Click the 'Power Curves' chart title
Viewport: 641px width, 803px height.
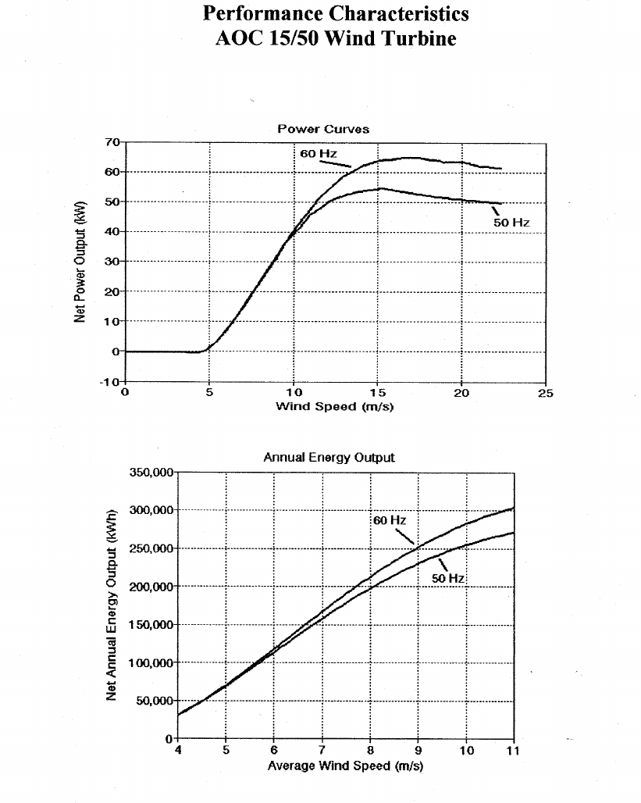coord(323,129)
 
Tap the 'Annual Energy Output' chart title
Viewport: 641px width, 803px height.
coord(329,458)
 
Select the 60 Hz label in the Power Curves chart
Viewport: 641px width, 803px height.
coord(318,154)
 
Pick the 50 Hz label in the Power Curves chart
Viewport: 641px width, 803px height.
coord(511,223)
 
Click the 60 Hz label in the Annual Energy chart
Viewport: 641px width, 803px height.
coord(389,520)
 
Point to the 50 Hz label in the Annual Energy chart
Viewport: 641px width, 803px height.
coord(448,578)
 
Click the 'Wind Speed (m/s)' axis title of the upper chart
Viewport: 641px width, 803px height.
coord(334,406)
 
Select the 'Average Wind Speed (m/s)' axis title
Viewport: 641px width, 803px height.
coord(345,766)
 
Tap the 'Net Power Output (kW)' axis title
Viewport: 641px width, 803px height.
coord(80,261)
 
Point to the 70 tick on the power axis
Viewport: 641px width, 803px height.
coord(111,142)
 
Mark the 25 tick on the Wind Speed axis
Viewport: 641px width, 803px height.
coord(545,394)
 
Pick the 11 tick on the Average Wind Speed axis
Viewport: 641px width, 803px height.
coord(513,751)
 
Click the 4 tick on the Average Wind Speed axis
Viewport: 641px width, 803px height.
coord(179,751)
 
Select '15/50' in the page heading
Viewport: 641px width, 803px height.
coord(293,38)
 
